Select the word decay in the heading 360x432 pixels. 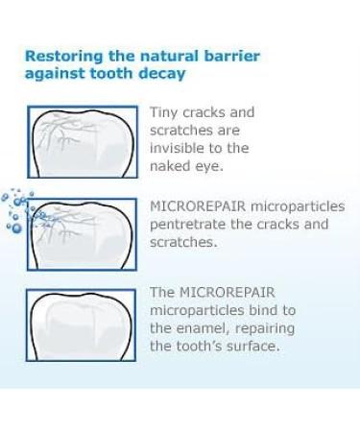pos(160,73)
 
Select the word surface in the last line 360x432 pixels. pos(252,346)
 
